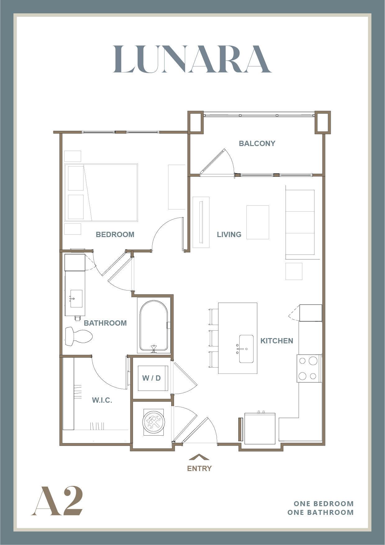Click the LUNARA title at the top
192,59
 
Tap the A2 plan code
57,501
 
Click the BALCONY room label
257,144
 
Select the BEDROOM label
115,235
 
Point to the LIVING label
229,235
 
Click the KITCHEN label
277,341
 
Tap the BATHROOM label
105,323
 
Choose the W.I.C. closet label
102,400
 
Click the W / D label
151,378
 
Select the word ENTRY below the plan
199,469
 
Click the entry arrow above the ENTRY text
199,457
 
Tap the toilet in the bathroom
79,336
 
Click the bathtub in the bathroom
154,325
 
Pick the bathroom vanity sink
76,299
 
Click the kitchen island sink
246,349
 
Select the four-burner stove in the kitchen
309,369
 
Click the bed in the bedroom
101,193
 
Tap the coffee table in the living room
258,222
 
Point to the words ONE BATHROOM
320,512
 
